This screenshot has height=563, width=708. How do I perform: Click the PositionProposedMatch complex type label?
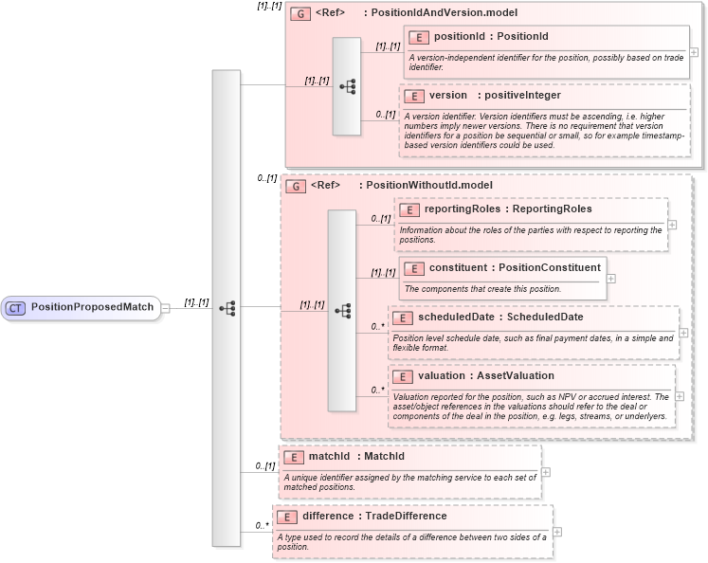(x=91, y=307)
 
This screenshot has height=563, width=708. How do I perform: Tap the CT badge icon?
(x=16, y=307)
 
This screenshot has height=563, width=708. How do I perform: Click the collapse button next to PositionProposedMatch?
(x=165, y=307)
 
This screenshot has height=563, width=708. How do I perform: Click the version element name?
(x=447, y=95)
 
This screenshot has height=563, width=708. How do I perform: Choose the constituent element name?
(x=457, y=268)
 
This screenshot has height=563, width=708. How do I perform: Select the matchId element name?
(x=330, y=457)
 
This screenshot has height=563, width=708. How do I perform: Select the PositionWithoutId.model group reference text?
(x=426, y=186)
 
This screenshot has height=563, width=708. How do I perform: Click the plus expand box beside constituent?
(x=611, y=279)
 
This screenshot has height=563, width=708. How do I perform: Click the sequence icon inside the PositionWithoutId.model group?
(x=342, y=310)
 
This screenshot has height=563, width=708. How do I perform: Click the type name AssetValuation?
(x=516, y=375)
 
